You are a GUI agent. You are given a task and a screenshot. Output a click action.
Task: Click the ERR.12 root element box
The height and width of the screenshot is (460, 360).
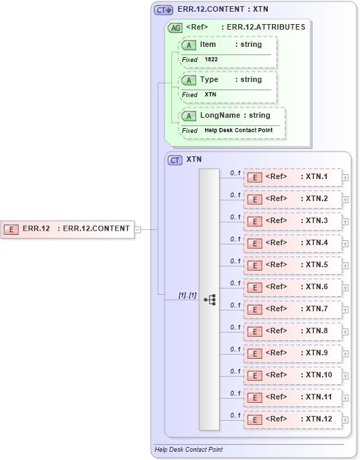(x=68, y=229)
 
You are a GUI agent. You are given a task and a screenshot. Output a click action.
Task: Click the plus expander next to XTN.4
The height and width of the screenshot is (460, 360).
(x=346, y=244)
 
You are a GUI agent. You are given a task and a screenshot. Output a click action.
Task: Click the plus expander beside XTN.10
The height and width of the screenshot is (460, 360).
(x=346, y=376)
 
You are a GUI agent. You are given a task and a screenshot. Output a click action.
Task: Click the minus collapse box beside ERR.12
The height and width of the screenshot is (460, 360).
(x=138, y=229)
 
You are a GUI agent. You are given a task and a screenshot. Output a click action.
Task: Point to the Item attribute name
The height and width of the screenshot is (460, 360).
(x=208, y=45)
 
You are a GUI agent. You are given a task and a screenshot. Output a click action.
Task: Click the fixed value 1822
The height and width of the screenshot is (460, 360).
(x=211, y=60)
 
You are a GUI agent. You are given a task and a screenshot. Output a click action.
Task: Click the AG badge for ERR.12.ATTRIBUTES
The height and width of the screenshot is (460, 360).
(x=176, y=28)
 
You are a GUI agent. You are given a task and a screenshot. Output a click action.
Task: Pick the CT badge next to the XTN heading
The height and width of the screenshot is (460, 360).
(x=175, y=159)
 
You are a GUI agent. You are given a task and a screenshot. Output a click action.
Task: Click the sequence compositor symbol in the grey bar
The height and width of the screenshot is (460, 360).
(x=209, y=300)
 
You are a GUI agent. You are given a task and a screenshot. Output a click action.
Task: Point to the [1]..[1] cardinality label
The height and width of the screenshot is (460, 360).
(x=187, y=295)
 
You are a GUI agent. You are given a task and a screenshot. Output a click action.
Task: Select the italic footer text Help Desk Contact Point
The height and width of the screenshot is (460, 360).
(x=188, y=450)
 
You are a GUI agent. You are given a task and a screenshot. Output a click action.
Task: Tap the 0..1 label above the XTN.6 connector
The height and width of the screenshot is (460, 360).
(x=235, y=283)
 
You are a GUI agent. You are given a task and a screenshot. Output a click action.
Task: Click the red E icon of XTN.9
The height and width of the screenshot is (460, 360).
(x=254, y=353)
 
